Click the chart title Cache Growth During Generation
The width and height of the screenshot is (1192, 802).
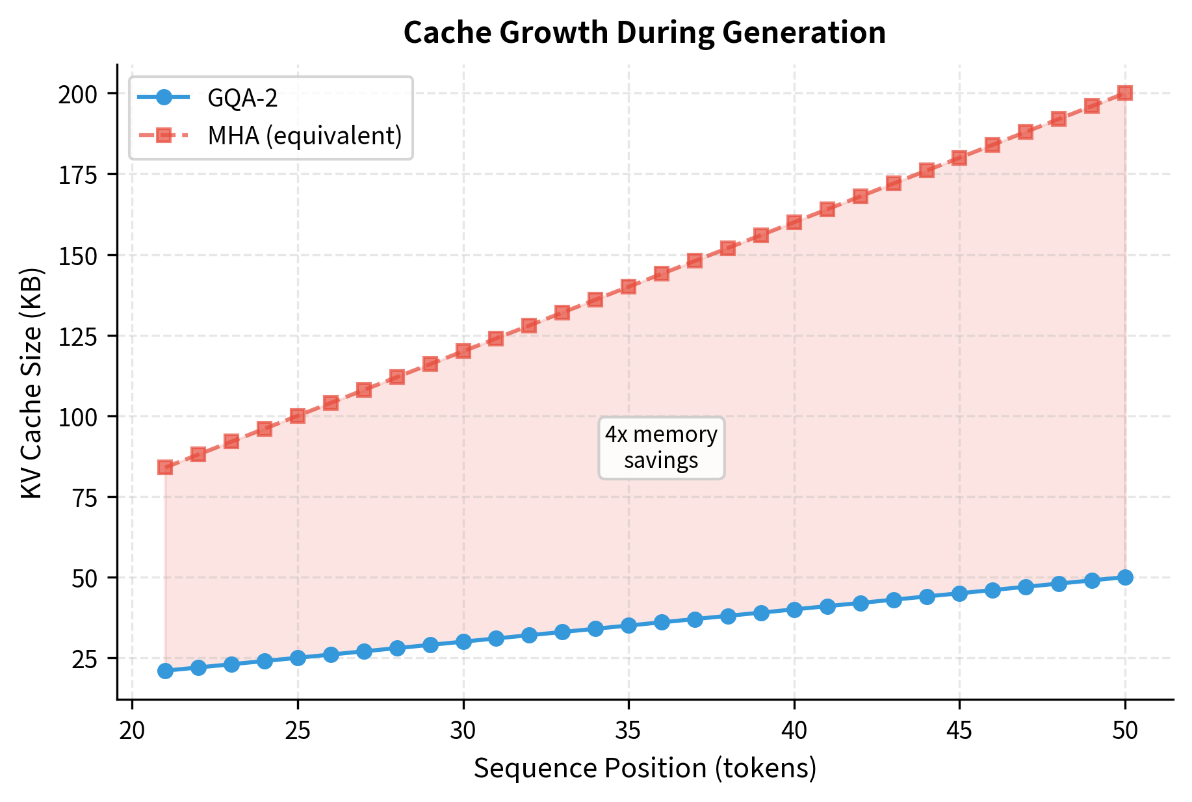click(x=644, y=32)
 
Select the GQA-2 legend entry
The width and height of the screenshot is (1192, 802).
click(x=242, y=98)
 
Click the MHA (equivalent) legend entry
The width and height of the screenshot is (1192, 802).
click(x=304, y=136)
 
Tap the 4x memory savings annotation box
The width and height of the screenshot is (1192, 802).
click(x=661, y=448)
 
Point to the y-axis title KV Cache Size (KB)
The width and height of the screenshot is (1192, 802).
click(x=32, y=383)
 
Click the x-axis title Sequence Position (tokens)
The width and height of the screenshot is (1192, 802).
click(x=645, y=768)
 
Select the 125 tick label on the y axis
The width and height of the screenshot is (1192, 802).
click(x=77, y=337)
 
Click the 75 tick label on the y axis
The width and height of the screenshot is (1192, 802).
click(x=84, y=498)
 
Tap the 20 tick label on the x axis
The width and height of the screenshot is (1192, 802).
click(x=133, y=731)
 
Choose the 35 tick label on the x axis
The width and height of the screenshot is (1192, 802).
click(x=628, y=731)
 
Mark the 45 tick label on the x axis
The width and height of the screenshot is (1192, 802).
click(x=959, y=731)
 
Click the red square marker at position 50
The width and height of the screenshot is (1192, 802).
click(x=1125, y=93)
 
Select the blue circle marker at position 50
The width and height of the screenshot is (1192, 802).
click(x=1125, y=577)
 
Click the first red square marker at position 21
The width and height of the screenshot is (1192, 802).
click(x=165, y=467)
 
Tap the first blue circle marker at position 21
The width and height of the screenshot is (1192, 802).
click(x=165, y=671)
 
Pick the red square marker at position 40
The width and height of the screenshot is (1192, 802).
click(x=794, y=222)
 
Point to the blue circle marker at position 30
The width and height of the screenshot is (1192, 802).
click(x=463, y=641)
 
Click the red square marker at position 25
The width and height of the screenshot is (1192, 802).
click(x=298, y=416)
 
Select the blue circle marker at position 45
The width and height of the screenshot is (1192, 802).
click(x=959, y=593)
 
